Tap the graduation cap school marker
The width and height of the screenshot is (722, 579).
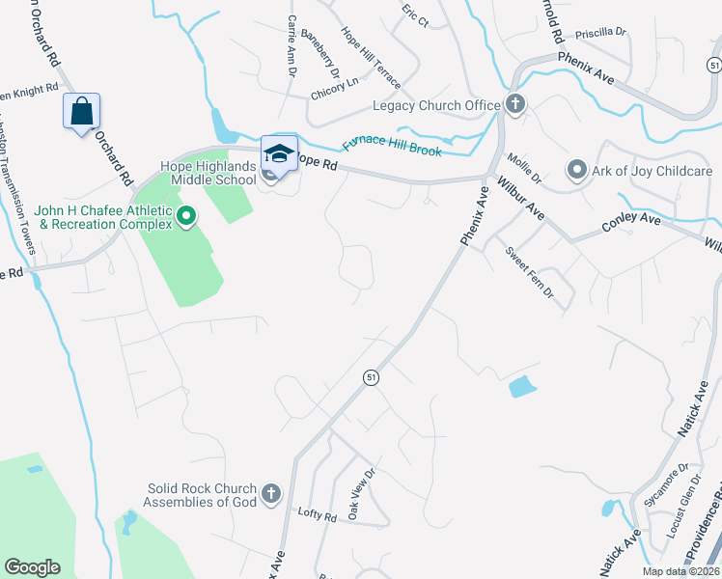click(x=278, y=154)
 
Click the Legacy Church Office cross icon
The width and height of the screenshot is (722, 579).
click(x=515, y=104)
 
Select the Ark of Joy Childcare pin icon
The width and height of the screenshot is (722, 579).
click(x=578, y=171)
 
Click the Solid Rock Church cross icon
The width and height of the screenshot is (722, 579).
click(x=271, y=494)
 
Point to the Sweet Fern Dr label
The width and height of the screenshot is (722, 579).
click(x=529, y=271)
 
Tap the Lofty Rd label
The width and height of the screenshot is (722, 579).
click(x=317, y=516)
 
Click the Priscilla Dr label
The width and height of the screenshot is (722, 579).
click(x=600, y=32)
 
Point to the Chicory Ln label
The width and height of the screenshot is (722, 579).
click(x=333, y=95)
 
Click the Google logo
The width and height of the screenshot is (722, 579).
click(x=32, y=567)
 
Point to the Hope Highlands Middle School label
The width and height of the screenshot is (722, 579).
click(x=212, y=173)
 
